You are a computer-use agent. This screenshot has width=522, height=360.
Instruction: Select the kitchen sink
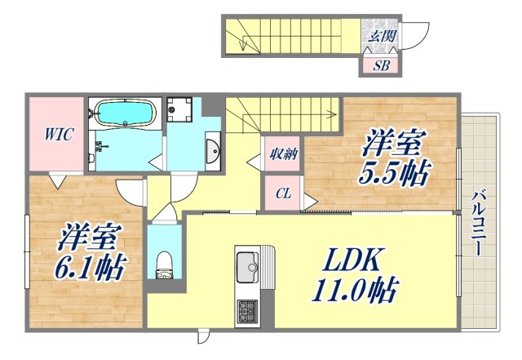coord(246,265)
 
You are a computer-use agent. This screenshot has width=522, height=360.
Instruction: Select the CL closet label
coord(281,193)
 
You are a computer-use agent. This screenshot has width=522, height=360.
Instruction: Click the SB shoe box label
coord(381,65)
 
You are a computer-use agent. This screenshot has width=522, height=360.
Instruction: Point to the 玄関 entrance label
coord(381,35)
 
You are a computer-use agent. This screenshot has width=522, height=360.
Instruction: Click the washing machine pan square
coord(184,110)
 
